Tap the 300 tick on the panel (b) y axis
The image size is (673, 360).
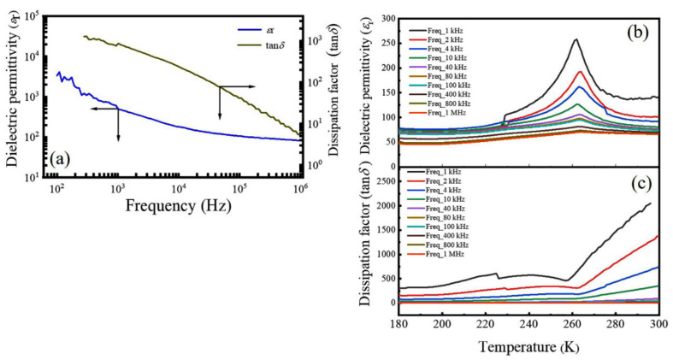387,18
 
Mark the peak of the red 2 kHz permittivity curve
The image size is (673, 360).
579,72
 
